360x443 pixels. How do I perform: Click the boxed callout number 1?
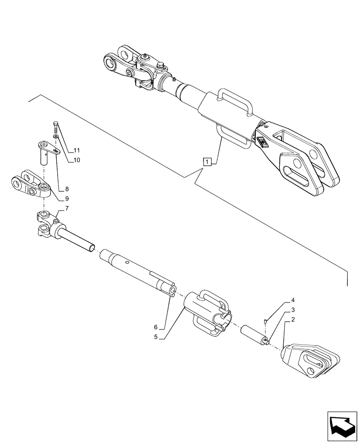coord(207,161)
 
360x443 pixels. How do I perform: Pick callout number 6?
coord(156,327)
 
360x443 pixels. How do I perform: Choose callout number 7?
coord(67,208)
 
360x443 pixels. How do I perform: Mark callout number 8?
coord(67,189)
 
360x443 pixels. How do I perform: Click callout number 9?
coord(67,199)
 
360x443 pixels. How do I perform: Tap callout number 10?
coord(77,160)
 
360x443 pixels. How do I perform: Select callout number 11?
coord(77,150)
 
